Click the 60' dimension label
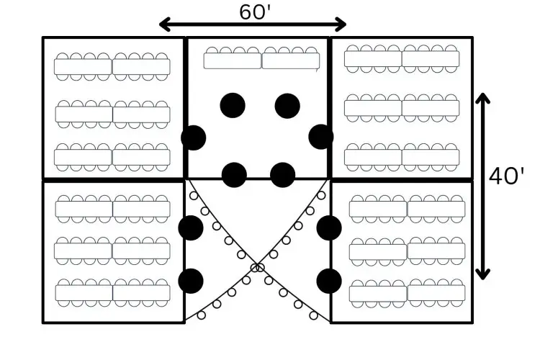(x=254, y=12)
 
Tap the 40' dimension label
(x=506, y=176)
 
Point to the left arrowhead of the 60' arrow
(x=165, y=24)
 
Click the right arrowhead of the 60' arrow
(x=341, y=24)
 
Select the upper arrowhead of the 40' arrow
(x=482, y=98)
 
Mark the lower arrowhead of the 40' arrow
(x=482, y=274)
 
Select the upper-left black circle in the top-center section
(x=233, y=105)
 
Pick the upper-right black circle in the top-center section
(x=287, y=106)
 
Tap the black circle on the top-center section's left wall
(x=194, y=138)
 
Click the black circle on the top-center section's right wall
(x=321, y=137)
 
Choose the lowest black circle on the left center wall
(x=191, y=281)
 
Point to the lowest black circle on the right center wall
(x=329, y=281)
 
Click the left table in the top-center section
(x=233, y=61)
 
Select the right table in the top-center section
(x=291, y=61)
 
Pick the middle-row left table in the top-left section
(x=84, y=114)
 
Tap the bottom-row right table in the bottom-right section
(x=436, y=293)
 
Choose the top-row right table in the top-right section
(x=431, y=58)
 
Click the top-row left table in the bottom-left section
(x=84, y=209)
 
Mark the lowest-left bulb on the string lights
(x=202, y=315)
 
